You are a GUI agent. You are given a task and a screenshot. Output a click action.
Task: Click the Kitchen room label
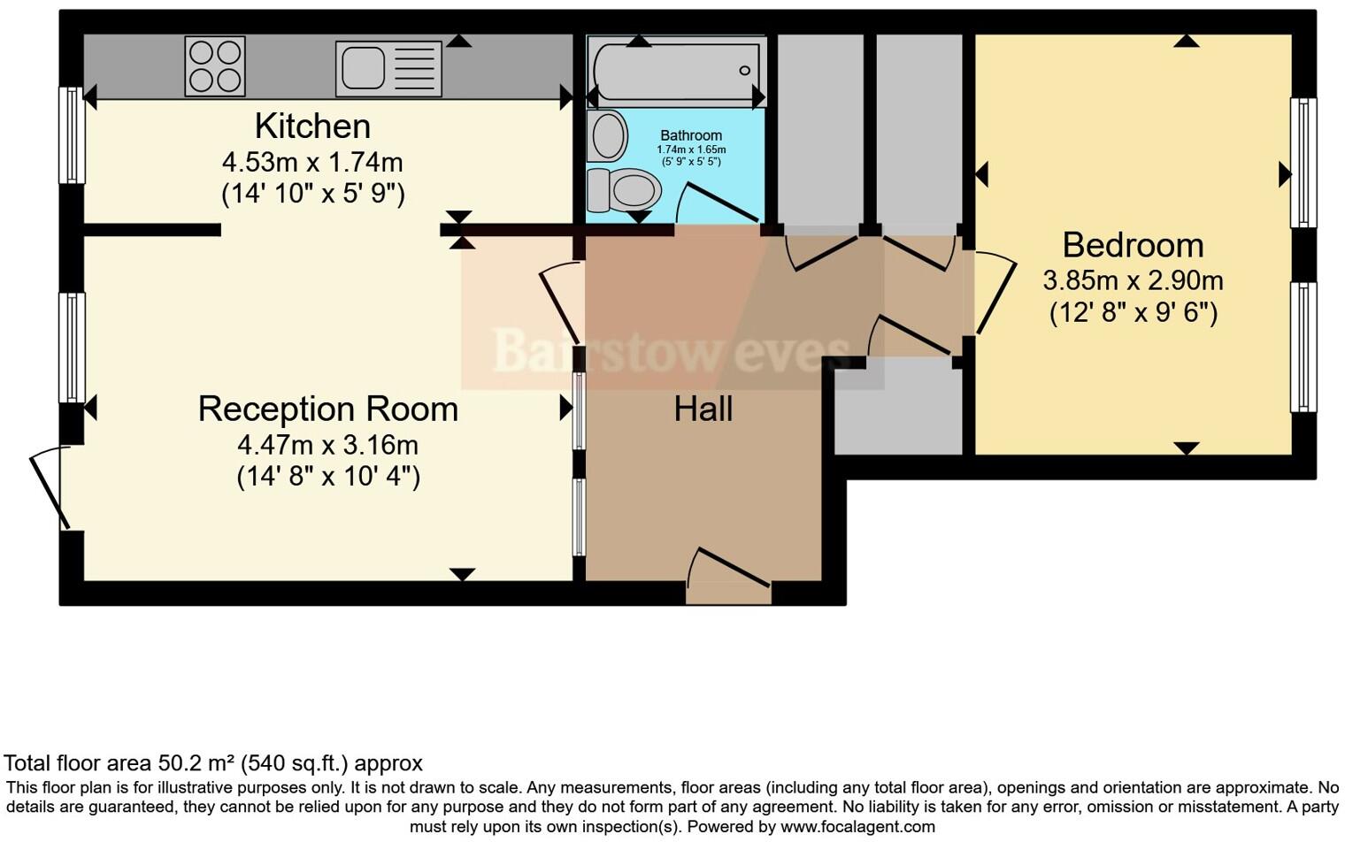tap(312, 126)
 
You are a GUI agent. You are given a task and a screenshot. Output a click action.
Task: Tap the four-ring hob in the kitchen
tap(214, 66)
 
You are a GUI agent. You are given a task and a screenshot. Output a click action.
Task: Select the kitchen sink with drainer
tap(388, 68)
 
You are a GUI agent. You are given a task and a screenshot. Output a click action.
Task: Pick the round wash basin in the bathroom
tap(607, 135)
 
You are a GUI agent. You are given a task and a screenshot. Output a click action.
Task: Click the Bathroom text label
tap(691, 135)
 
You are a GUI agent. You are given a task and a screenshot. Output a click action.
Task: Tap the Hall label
tap(703, 410)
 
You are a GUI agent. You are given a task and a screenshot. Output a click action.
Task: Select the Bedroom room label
tap(1133, 245)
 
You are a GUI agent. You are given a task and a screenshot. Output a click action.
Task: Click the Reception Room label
tap(327, 410)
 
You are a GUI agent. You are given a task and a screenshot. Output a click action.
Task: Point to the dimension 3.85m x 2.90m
tap(1133, 281)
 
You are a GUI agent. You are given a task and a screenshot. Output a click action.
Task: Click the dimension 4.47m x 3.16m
tap(327, 444)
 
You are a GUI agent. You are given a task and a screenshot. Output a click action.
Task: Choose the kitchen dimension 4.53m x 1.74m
tap(312, 163)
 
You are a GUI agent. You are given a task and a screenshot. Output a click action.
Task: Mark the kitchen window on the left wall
tap(71, 134)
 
